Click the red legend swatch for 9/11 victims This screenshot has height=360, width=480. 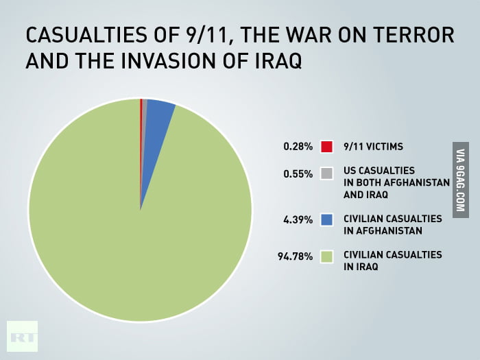(327, 146)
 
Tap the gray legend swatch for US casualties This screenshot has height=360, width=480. (327, 173)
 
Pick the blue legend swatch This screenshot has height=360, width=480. (327, 220)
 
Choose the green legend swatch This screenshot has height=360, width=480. (327, 256)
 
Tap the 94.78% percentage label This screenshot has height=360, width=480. (295, 256)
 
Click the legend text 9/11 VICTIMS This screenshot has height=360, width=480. (373, 146)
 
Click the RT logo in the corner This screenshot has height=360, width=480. (22, 337)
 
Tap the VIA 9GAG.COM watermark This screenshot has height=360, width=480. (460, 180)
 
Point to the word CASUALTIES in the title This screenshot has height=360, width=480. (76, 34)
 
